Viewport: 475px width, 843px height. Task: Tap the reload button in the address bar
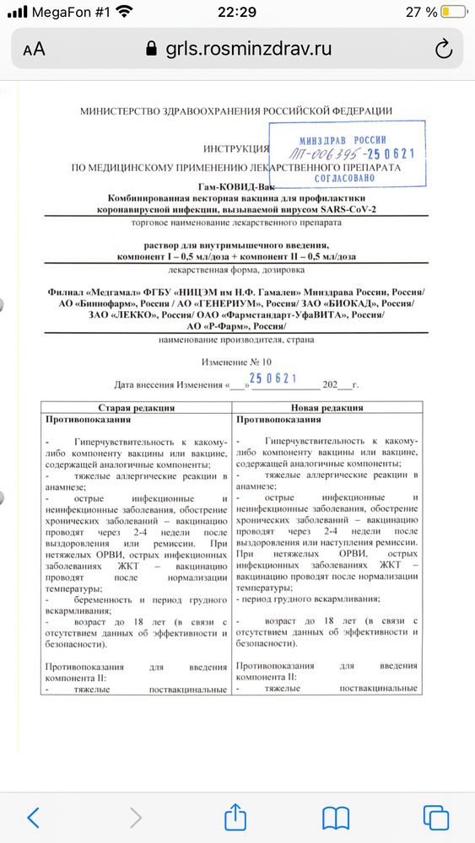444,48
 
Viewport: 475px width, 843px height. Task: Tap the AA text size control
34,49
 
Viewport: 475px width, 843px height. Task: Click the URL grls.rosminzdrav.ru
248,48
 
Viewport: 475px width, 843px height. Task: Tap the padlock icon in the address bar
152,48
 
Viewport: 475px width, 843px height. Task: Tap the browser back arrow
34,816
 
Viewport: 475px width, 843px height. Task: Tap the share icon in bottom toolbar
234,816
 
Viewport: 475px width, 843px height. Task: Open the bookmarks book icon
335,816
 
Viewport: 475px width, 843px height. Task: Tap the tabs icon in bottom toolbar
435,816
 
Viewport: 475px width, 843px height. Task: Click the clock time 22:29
237,12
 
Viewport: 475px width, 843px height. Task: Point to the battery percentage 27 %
419,12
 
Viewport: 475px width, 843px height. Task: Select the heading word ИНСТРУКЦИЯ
235,148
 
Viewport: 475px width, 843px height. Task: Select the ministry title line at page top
235,111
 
